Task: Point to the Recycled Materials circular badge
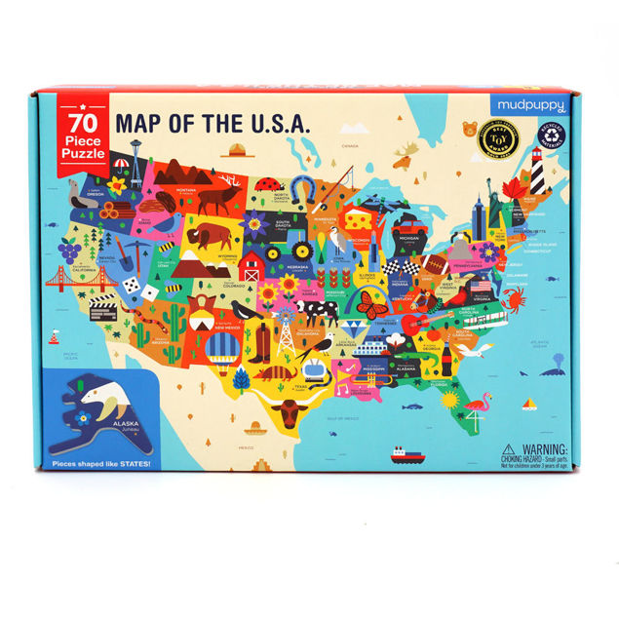(x=554, y=141)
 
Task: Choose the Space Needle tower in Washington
(x=135, y=161)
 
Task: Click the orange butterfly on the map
(x=372, y=306)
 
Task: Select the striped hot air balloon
(x=222, y=349)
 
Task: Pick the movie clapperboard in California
(x=102, y=309)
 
